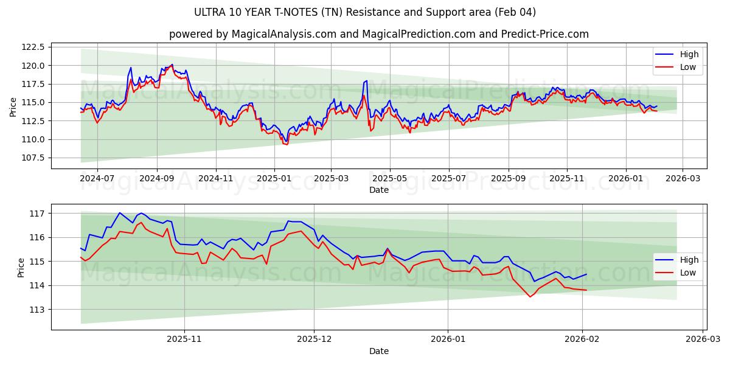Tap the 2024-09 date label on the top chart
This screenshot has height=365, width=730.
[156, 179]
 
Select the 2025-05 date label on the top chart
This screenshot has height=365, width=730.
[389, 179]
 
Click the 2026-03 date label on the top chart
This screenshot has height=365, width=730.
[682, 179]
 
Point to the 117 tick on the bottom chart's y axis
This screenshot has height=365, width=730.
[37, 214]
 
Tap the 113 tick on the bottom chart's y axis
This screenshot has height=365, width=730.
[37, 310]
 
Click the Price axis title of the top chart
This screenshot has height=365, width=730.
[13, 106]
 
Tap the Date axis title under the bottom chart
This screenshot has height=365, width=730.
[378, 351]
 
